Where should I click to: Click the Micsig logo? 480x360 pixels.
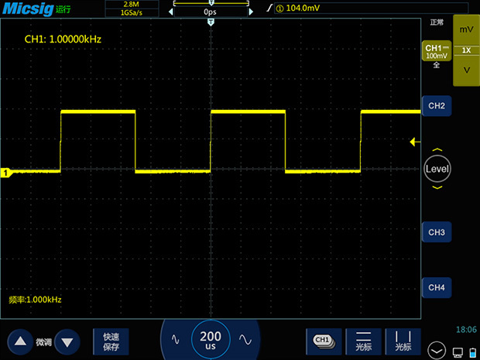[x=28, y=9]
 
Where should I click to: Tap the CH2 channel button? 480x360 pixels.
[x=437, y=106]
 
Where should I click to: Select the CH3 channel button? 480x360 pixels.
[x=437, y=232]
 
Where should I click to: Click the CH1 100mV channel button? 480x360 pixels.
[x=437, y=51]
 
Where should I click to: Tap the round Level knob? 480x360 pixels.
[x=437, y=169]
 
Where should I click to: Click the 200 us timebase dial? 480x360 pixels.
[x=211, y=340]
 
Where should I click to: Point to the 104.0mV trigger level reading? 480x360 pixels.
[x=303, y=8]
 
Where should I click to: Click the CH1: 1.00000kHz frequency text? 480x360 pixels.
[x=63, y=39]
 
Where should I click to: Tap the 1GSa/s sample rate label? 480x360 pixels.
[x=132, y=13]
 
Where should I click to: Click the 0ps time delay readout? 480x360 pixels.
[x=210, y=12]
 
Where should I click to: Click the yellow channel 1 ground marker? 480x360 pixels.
[x=6, y=173]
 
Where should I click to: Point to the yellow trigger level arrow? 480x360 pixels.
[x=415, y=142]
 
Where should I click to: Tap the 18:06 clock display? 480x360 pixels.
[x=466, y=329]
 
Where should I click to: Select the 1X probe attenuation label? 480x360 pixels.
[x=466, y=50]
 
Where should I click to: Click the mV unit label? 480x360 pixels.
[x=466, y=29]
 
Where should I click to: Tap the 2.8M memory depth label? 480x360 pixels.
[x=132, y=5]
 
